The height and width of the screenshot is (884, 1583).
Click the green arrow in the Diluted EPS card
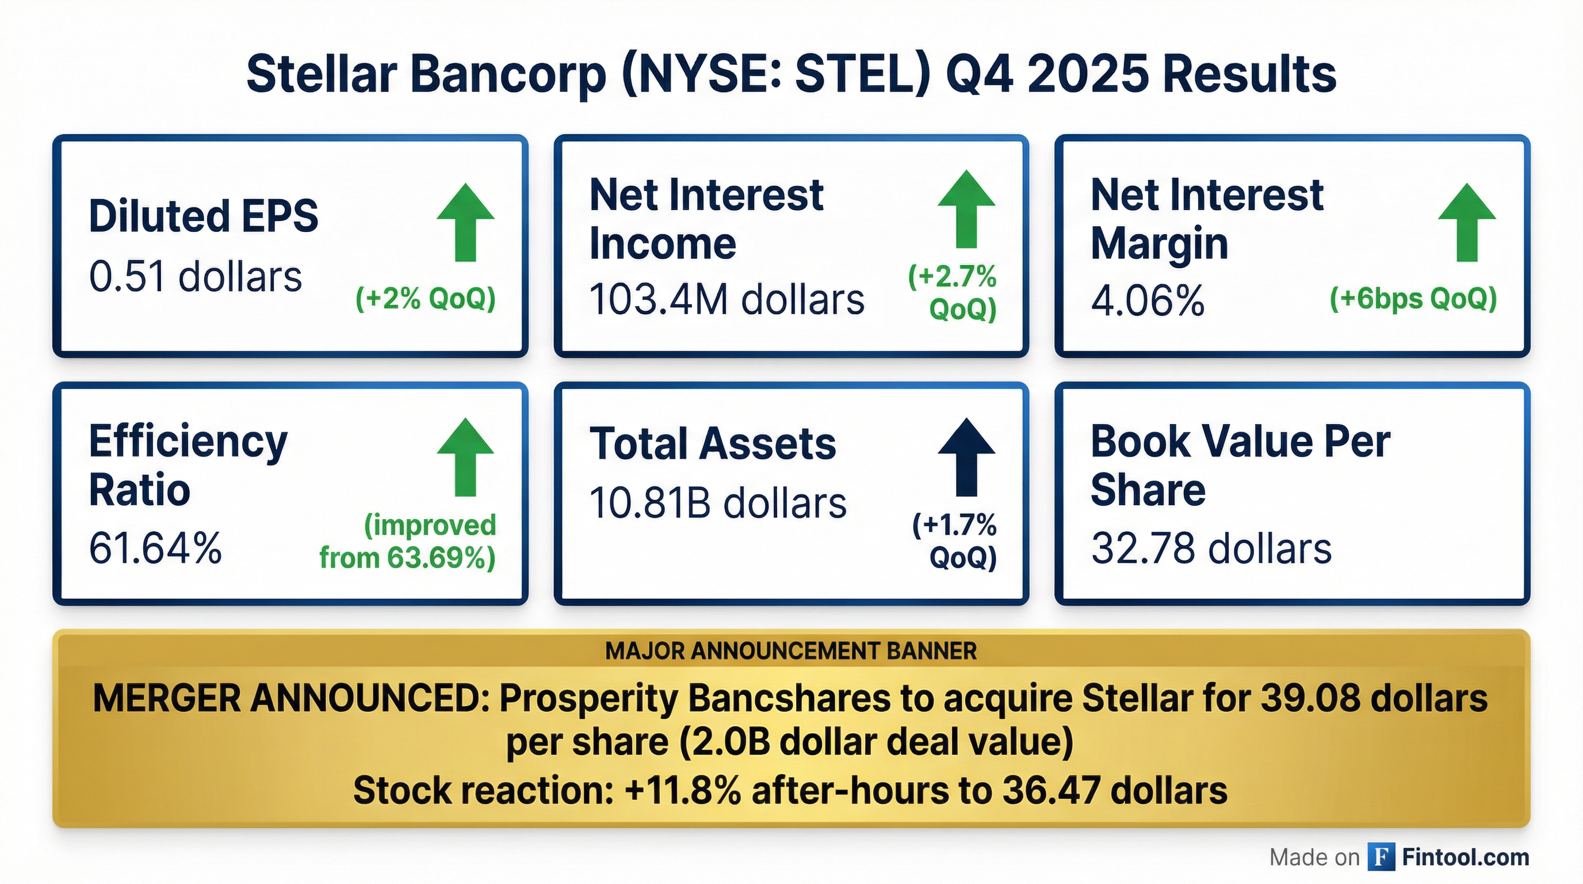click(x=466, y=223)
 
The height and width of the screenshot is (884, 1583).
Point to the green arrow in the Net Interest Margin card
click(x=1467, y=223)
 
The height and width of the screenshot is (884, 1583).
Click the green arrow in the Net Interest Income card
click(x=966, y=209)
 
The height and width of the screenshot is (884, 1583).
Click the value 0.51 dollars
click(x=196, y=277)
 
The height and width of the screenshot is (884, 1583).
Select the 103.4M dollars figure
click(x=727, y=300)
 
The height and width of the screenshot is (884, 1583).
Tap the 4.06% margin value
click(x=1148, y=301)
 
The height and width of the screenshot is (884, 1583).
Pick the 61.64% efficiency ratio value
click(x=155, y=548)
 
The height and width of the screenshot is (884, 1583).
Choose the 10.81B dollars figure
click(x=718, y=504)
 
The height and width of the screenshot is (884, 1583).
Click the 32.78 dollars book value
click(x=1211, y=548)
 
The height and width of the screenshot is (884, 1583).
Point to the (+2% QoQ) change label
click(x=425, y=299)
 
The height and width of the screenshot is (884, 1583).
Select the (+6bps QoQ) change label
click(x=1413, y=299)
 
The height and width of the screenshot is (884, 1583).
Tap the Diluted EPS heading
click(x=204, y=216)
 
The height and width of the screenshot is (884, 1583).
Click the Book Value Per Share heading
click(x=1240, y=466)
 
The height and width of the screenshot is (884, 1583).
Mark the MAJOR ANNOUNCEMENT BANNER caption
click(x=791, y=651)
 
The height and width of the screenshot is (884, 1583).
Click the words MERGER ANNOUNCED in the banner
click(x=291, y=699)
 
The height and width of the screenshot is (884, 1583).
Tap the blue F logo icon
click(x=1381, y=857)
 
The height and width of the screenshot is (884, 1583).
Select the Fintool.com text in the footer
click(x=1466, y=857)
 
